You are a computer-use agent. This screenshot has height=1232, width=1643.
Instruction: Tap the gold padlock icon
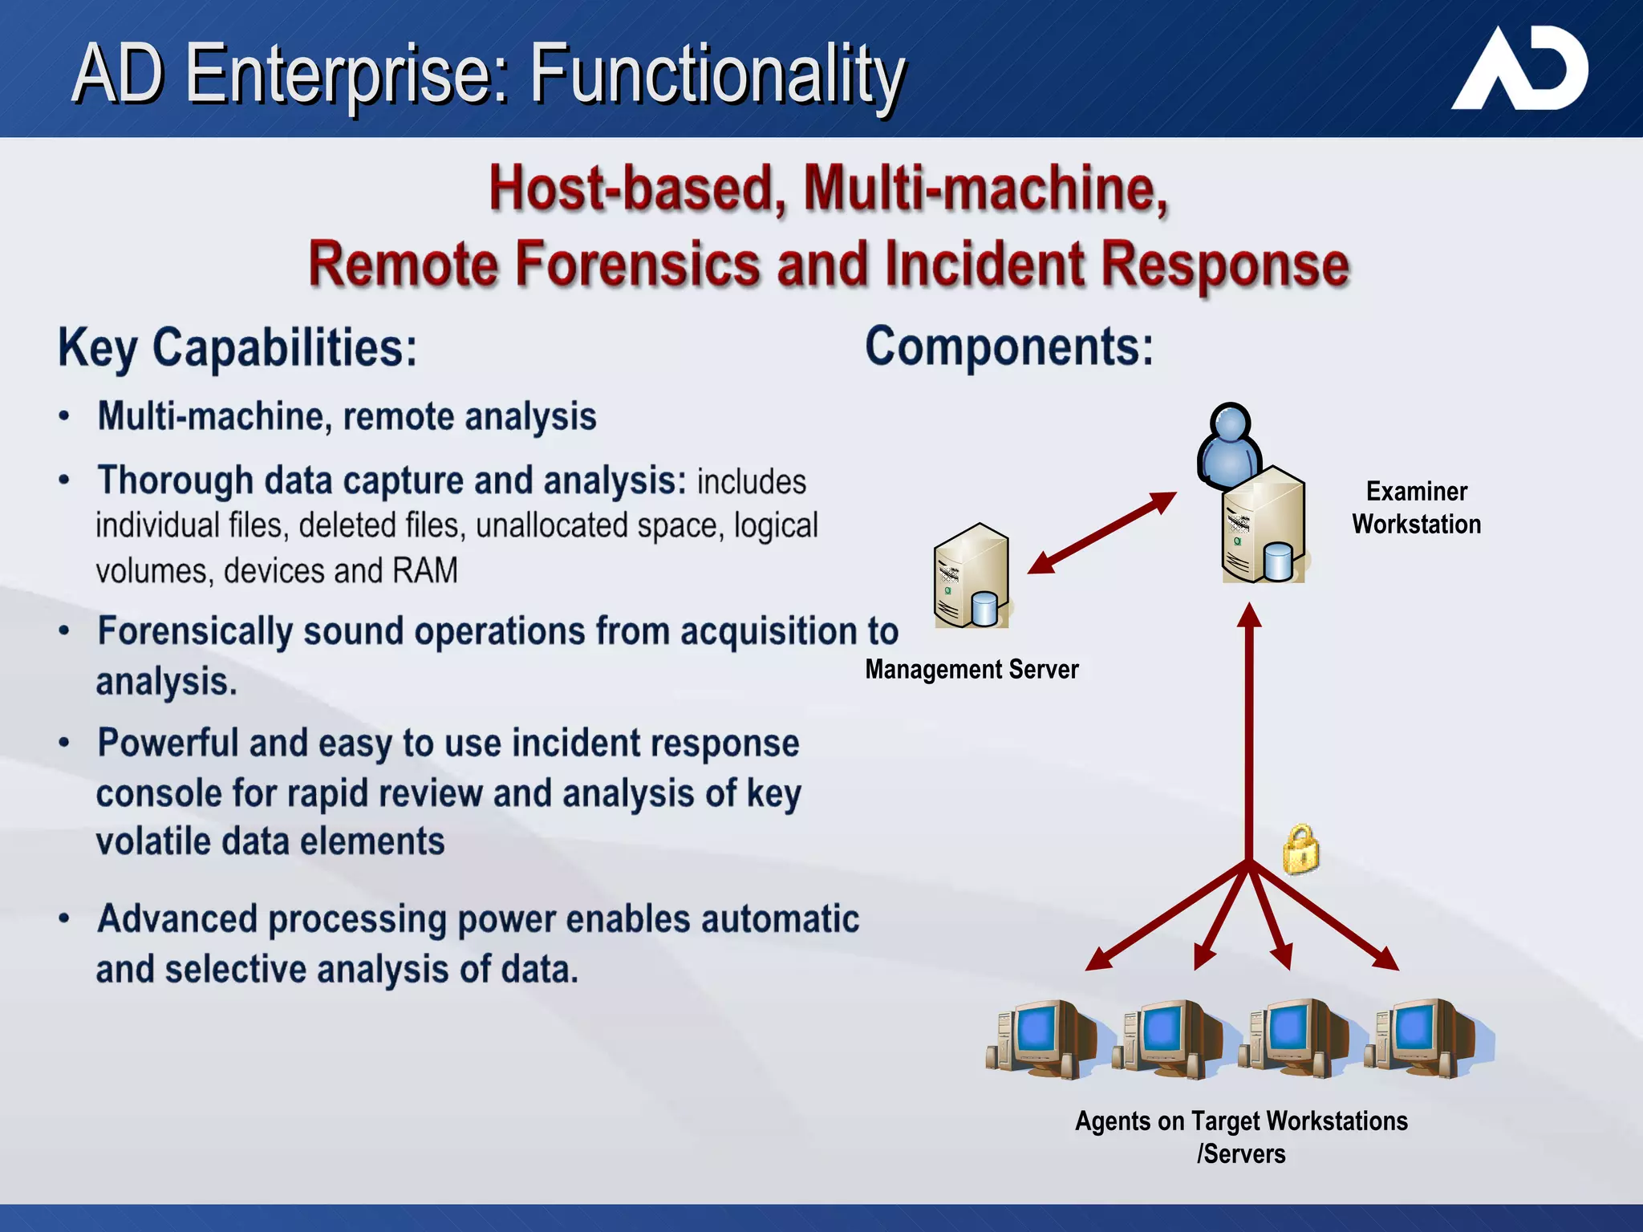[1300, 850]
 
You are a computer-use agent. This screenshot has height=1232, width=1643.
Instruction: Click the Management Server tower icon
[971, 576]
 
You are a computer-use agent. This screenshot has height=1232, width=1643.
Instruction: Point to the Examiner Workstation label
[1416, 508]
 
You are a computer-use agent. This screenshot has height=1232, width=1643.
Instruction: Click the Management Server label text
[971, 669]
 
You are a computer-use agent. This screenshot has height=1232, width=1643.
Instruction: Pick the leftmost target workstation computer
[1041, 1038]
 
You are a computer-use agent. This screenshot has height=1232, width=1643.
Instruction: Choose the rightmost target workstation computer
[1428, 1038]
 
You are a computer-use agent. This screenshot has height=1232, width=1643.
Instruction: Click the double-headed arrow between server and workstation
[1101, 533]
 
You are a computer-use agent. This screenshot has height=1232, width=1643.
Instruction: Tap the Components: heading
[1008, 346]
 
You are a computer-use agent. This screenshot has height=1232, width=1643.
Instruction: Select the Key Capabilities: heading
[237, 348]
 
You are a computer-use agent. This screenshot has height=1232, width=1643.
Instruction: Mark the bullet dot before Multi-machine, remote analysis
[64, 416]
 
